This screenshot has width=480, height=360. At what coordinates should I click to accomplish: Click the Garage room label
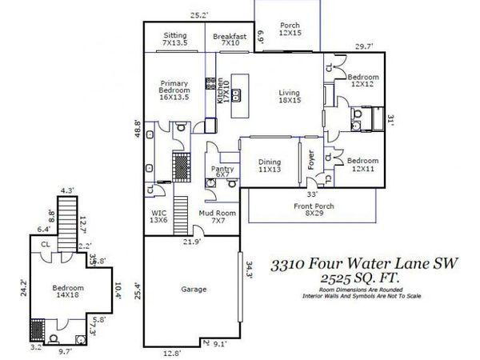click(193, 289)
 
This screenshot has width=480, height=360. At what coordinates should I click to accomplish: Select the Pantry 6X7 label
click(221, 173)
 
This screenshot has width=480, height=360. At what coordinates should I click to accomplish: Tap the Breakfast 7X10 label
click(230, 39)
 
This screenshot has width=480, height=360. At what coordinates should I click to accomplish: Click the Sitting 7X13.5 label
click(175, 39)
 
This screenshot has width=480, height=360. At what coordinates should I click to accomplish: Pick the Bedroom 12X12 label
click(363, 81)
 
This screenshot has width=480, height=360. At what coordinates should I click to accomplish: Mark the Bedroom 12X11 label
click(363, 164)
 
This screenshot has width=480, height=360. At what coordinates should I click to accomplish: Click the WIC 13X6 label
click(160, 217)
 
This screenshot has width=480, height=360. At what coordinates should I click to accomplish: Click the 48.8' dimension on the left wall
click(137, 128)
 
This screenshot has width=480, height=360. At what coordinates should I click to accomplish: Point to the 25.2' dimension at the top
click(198, 14)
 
